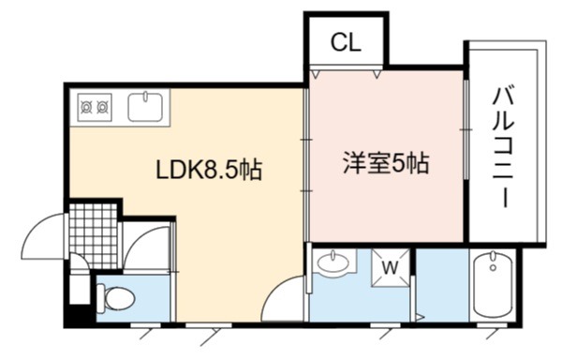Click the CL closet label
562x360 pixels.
[346, 42]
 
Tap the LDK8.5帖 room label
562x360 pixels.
[209, 170]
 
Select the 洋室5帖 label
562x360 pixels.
[386, 163]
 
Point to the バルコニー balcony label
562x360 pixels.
[504, 147]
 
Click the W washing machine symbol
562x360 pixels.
[390, 267]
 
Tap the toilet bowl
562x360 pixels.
[116, 297]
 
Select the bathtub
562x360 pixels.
[494, 285]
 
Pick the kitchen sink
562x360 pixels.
[145, 107]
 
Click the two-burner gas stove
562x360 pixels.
[95, 107]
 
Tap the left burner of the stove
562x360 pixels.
[87, 107]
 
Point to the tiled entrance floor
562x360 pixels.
[93, 236]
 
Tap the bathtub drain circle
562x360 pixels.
[494, 267]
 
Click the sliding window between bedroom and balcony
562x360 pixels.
[466, 129]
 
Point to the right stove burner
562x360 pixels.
[102, 107]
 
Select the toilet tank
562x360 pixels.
[101, 297]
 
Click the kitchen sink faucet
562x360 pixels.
[145, 96]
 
